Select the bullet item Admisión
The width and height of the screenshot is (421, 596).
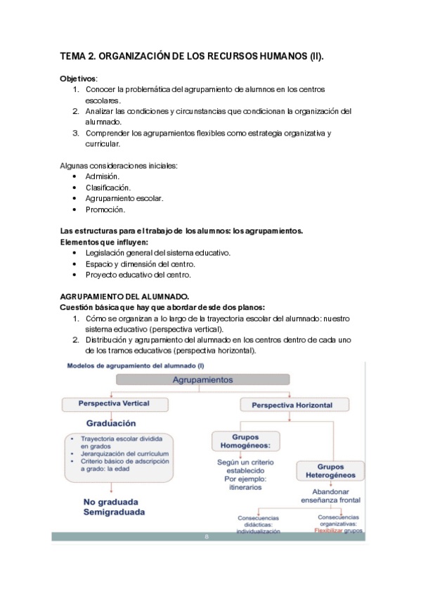point(103,176)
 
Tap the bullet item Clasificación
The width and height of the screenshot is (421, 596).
point(108,188)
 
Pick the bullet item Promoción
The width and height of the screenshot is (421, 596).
point(105,209)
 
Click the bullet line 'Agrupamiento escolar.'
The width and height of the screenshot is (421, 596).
point(124,198)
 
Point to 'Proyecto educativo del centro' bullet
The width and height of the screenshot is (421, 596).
point(138,275)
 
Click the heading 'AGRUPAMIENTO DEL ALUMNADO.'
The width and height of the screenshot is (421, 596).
point(124,297)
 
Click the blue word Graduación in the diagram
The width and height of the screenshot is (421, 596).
point(111,423)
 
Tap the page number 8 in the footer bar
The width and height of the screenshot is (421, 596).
point(207,537)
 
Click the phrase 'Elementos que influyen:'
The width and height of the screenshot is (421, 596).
point(99,242)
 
